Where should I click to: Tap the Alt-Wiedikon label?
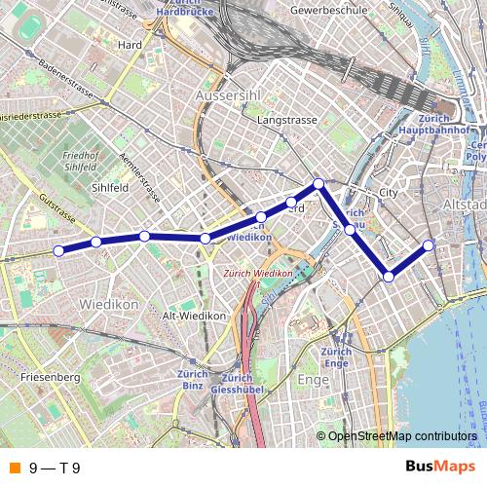195,316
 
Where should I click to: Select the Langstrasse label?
282,120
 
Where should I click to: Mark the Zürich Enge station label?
336,356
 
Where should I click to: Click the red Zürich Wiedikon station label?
258,274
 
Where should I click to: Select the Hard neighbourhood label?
129,45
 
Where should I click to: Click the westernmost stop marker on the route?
58,250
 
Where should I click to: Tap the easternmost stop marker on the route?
429,244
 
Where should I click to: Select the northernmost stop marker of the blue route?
318,184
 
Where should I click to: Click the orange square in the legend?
14,468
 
